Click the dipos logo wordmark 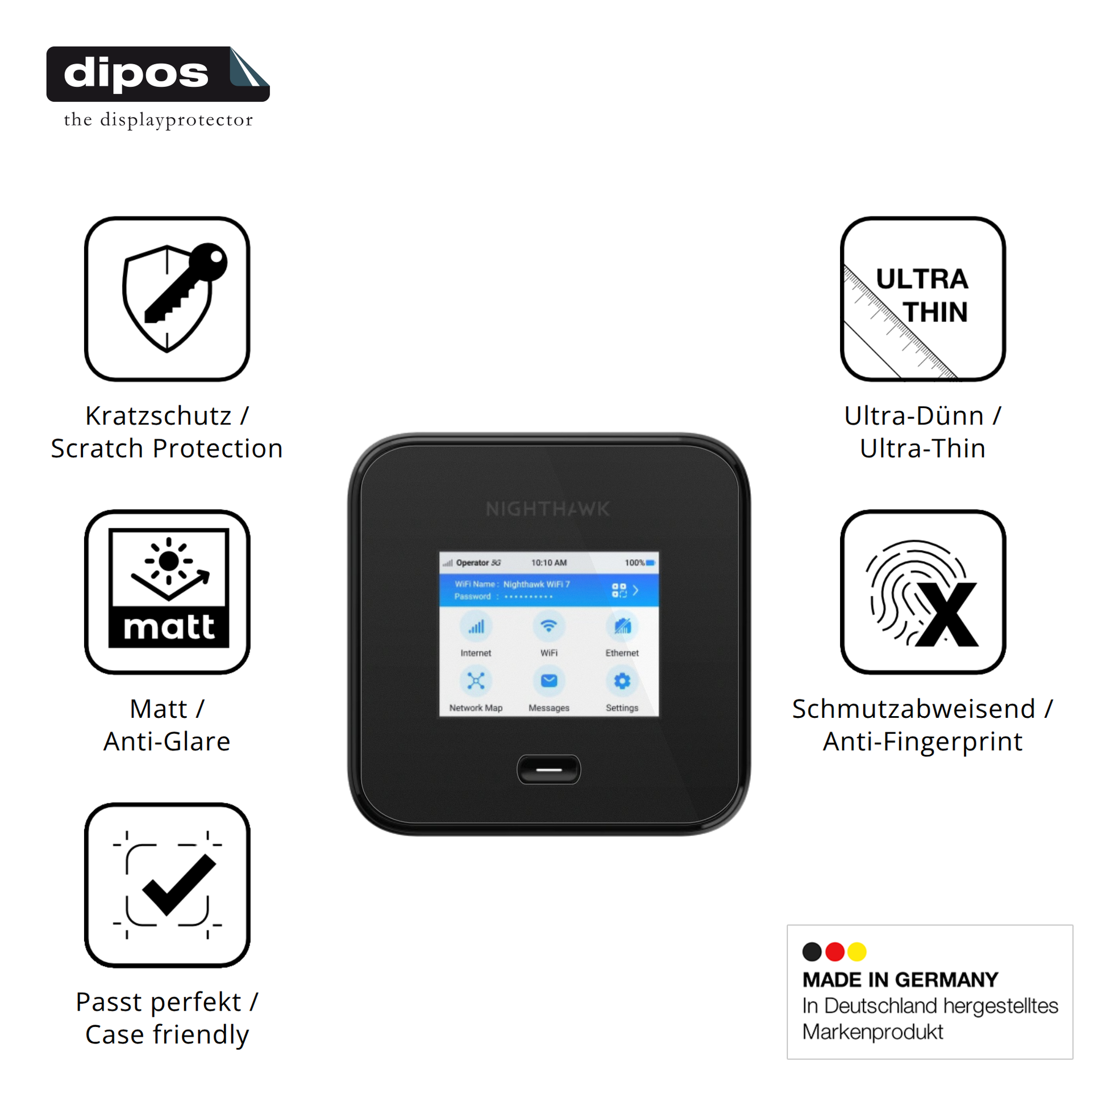point(136,73)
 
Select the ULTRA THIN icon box point(922,298)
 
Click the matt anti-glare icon point(167,591)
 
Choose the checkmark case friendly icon point(167,885)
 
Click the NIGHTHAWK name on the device point(548,508)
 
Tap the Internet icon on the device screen point(476,627)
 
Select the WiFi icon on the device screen point(548,626)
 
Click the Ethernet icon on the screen point(622,626)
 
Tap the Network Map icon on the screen point(476,681)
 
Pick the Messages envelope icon point(548,681)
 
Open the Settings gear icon point(622,681)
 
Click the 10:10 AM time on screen point(548,563)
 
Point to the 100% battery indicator point(639,563)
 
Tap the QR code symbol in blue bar point(619,590)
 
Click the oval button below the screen point(548,770)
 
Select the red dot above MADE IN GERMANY point(835,951)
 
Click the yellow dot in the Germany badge point(857,951)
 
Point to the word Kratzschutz point(159,415)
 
